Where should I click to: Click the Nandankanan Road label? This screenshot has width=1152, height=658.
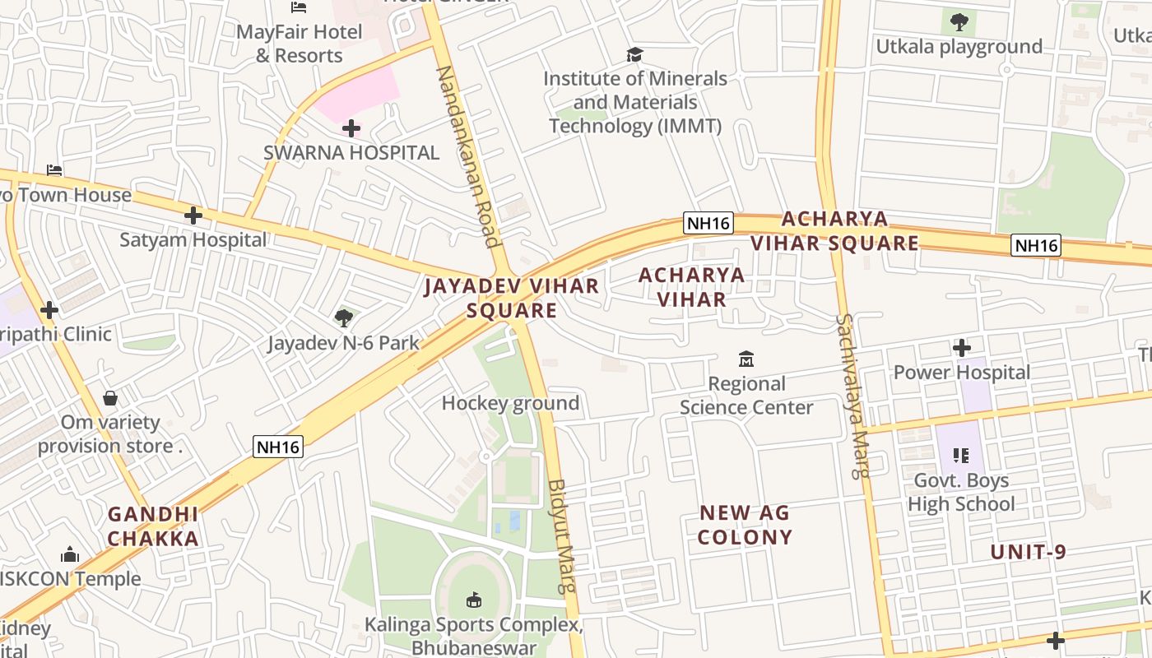[467, 156]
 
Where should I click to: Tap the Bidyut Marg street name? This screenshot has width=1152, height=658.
[563, 535]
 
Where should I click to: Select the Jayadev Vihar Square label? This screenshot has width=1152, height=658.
[512, 298]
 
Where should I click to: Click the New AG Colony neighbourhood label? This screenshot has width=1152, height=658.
[745, 525]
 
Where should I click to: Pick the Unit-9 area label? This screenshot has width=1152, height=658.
[1028, 552]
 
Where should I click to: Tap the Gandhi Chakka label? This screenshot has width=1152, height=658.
[153, 526]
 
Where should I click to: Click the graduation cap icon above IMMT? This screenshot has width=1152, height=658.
[634, 54]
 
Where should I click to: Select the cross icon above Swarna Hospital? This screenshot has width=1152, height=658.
[351, 128]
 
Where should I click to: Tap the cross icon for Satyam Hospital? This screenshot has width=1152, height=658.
[193, 215]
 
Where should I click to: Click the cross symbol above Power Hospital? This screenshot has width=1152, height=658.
[961, 348]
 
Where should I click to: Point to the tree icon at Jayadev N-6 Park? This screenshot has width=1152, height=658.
[344, 317]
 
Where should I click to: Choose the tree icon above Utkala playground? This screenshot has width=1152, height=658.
[959, 22]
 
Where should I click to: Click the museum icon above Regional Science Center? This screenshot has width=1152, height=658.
[746, 359]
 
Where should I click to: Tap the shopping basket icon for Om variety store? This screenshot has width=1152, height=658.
[110, 398]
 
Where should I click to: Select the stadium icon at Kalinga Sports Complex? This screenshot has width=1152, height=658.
[474, 600]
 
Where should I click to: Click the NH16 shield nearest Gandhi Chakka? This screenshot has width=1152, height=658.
[278, 447]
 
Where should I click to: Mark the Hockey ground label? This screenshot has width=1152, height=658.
[510, 403]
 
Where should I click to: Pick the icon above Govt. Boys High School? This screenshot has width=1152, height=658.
[960, 455]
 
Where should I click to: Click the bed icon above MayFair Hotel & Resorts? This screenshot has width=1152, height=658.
[299, 7]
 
